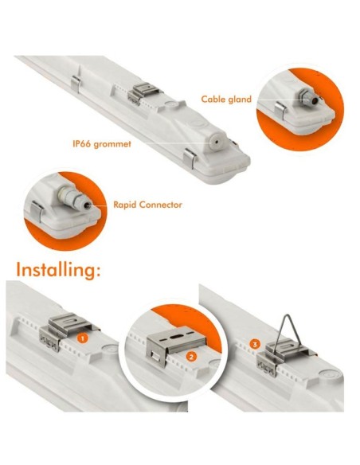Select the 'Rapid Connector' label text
pos(148,205)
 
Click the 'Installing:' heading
pos(58,269)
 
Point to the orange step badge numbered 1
pos(82,338)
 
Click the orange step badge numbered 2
pos(192,357)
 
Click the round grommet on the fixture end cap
pos(212,139)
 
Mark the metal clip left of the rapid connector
pos(38,213)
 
